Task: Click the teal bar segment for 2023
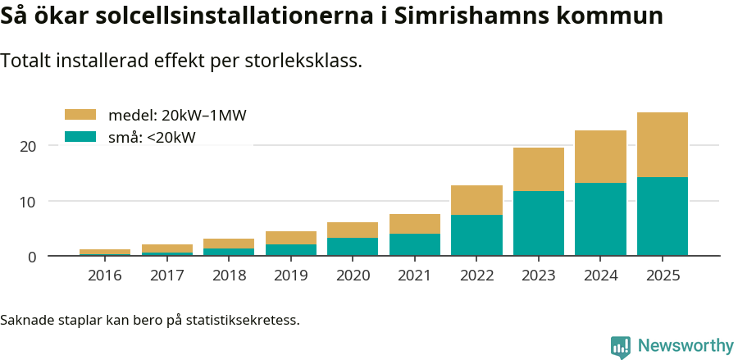click(539, 223)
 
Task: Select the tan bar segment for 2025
click(663, 144)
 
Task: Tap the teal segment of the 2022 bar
click(476, 235)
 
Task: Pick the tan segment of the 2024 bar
click(600, 157)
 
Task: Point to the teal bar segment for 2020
click(353, 247)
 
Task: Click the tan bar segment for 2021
click(415, 224)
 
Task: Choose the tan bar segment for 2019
click(291, 238)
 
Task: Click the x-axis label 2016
click(105, 276)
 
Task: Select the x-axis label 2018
click(229, 276)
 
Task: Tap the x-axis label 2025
click(663, 276)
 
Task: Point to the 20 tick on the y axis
click(29, 146)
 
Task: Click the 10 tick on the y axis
click(29, 202)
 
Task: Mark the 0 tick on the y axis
click(32, 257)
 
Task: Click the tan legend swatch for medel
click(80, 115)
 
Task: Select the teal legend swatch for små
click(80, 137)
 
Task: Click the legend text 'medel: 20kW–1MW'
click(177, 115)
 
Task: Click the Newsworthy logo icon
click(621, 346)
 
